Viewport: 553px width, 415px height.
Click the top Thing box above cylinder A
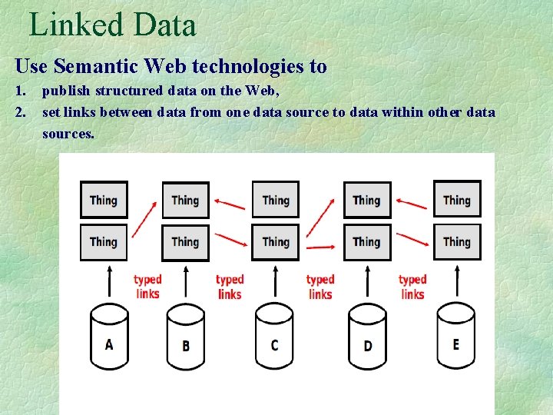coord(104,200)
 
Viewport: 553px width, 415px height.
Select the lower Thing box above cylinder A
coord(104,241)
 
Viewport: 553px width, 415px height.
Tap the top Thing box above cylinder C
coord(276,200)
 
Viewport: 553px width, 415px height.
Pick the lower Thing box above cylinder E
coord(457,241)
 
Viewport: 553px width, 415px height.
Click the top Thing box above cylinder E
coord(457,199)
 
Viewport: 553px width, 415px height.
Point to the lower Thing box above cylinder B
coord(185,241)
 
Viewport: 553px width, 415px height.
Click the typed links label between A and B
coord(147,287)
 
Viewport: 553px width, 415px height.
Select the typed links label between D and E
coord(412,287)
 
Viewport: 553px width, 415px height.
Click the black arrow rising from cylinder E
coord(458,281)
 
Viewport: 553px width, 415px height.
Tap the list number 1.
coord(20,91)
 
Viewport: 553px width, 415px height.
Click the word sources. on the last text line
coord(68,133)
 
